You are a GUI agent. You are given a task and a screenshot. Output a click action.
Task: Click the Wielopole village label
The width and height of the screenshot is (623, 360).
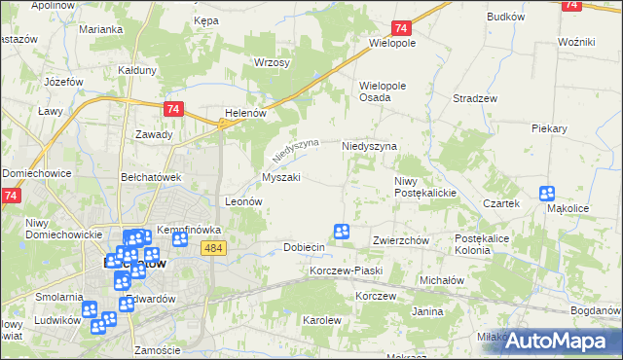(x=392, y=44)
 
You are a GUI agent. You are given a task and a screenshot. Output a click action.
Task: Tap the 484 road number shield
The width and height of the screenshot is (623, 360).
(x=215, y=250)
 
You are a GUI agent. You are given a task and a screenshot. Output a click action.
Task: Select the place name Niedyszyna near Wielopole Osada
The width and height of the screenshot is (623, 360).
(x=369, y=146)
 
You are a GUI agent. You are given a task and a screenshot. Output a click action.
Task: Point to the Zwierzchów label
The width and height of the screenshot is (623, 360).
(x=401, y=240)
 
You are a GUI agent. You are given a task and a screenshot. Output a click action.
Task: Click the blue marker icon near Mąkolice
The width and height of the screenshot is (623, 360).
(x=547, y=194)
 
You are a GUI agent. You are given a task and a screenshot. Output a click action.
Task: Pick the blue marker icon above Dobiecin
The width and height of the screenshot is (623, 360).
(x=342, y=231)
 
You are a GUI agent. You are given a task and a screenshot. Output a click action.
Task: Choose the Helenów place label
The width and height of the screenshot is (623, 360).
(x=245, y=113)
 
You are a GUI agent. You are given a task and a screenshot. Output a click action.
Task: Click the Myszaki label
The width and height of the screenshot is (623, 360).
(x=280, y=177)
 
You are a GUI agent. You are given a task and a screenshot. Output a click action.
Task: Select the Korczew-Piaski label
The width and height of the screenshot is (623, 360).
(x=346, y=270)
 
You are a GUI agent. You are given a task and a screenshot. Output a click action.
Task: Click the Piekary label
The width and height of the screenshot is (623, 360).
(x=549, y=128)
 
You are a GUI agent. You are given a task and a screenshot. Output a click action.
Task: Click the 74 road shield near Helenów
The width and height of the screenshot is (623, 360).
(x=173, y=110)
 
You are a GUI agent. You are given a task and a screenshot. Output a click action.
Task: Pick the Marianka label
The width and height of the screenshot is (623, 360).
(x=101, y=30)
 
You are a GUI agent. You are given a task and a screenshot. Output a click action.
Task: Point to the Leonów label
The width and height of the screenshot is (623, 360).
(x=244, y=201)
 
